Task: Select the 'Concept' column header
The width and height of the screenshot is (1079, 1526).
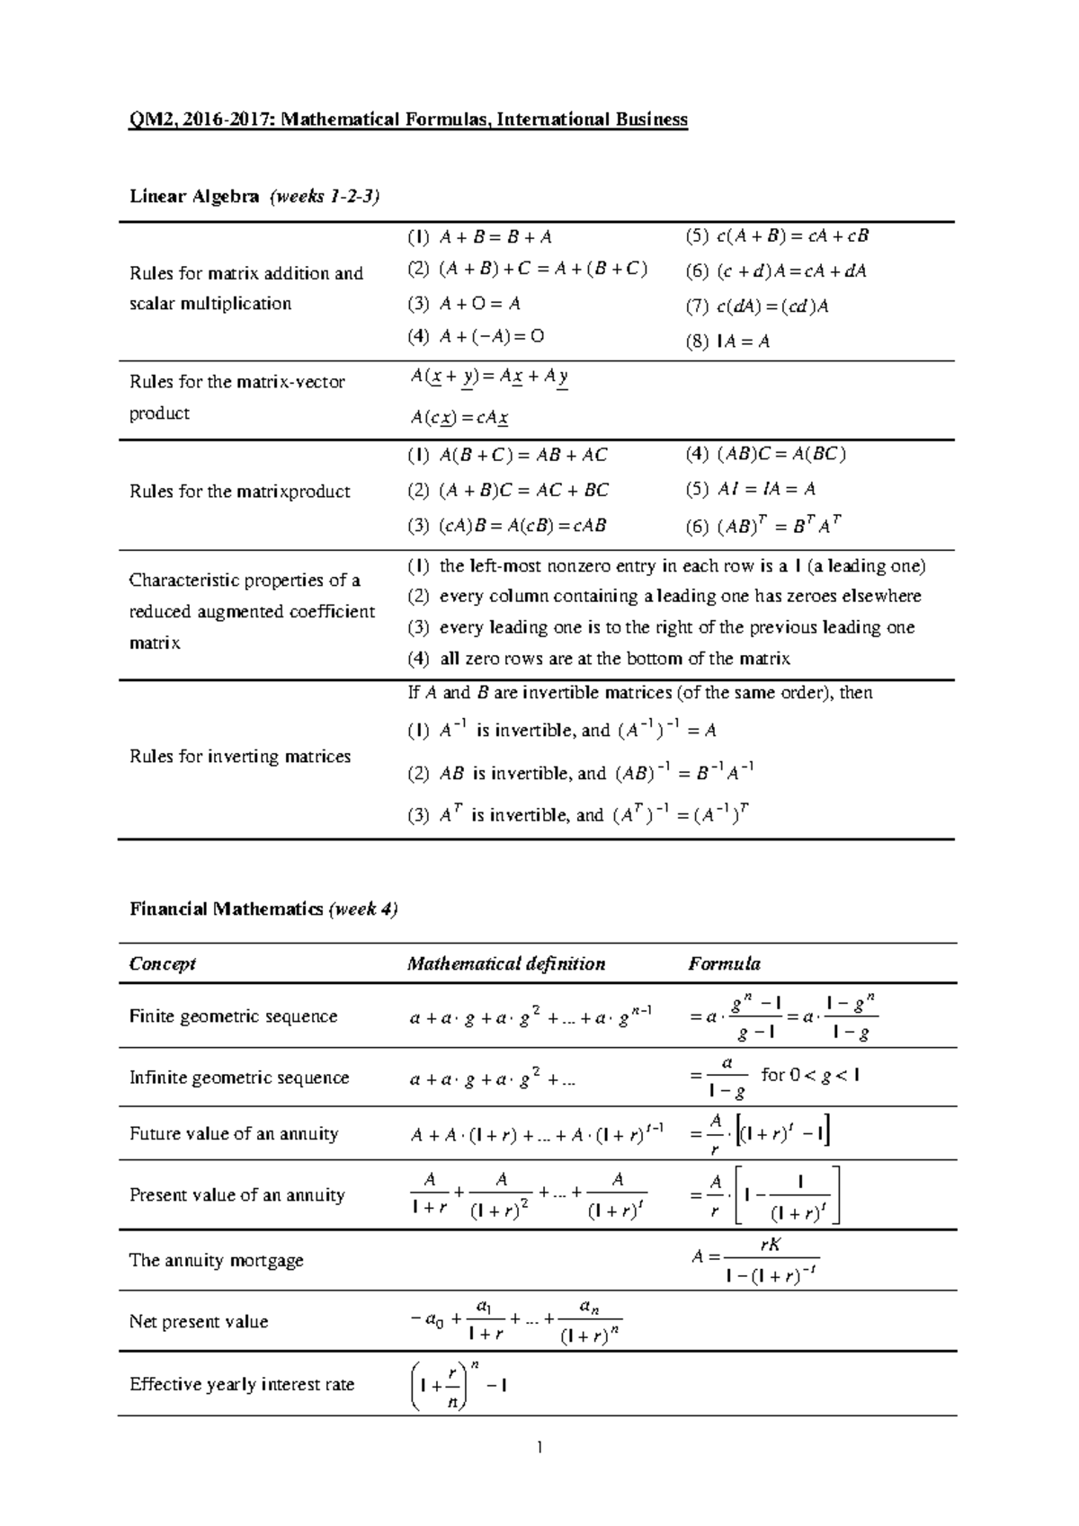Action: pyautogui.click(x=163, y=963)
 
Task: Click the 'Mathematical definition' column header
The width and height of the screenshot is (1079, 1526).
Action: pyautogui.click(x=506, y=963)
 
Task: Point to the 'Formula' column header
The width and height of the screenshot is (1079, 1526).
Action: pyautogui.click(x=725, y=963)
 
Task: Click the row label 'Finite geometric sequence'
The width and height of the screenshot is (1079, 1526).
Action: pyautogui.click(x=234, y=1016)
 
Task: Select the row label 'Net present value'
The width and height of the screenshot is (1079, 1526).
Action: pyautogui.click(x=199, y=1321)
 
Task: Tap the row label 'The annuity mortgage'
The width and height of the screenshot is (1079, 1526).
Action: pyautogui.click(x=217, y=1260)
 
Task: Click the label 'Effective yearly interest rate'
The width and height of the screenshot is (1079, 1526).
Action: pyautogui.click(x=242, y=1384)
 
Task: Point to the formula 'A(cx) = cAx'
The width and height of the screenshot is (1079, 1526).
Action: pyautogui.click(x=460, y=418)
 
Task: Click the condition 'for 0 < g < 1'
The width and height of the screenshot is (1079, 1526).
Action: pyautogui.click(x=810, y=1074)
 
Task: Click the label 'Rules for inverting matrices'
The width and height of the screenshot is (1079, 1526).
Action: pyautogui.click(x=240, y=757)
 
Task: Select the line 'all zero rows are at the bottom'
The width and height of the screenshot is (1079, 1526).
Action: pyautogui.click(x=614, y=659)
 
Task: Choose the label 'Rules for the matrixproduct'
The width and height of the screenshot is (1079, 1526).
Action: pyautogui.click(x=240, y=492)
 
